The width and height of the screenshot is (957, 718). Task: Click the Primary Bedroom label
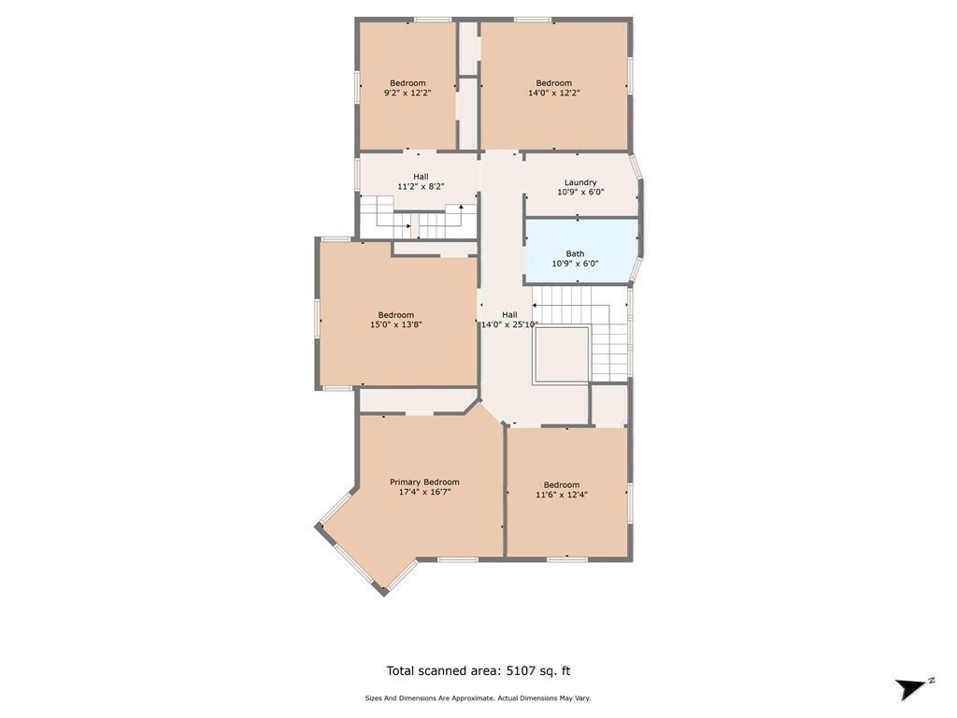[x=424, y=482]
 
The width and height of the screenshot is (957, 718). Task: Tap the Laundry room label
[x=580, y=182]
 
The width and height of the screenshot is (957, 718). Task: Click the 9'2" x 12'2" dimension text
[x=407, y=93]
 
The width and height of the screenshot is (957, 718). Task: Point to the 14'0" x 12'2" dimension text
[x=553, y=93]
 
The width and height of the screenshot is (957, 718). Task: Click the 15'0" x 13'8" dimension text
[x=396, y=325]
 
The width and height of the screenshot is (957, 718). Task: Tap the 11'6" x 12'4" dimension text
[x=561, y=495]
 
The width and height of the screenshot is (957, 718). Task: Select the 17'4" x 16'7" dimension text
[x=424, y=492]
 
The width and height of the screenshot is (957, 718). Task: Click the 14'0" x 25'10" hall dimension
[x=509, y=325]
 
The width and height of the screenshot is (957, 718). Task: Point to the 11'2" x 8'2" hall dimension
[x=421, y=186]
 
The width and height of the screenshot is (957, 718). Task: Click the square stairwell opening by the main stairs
[x=561, y=354]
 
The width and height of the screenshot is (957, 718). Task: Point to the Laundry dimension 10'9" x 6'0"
[x=580, y=193]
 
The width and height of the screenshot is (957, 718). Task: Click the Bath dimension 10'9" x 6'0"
[x=575, y=264]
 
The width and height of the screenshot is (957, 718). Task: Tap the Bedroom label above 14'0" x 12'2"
[x=553, y=83]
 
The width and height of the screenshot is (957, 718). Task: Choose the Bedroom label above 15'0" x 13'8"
[x=396, y=315]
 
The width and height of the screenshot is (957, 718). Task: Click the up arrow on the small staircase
[x=461, y=208]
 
